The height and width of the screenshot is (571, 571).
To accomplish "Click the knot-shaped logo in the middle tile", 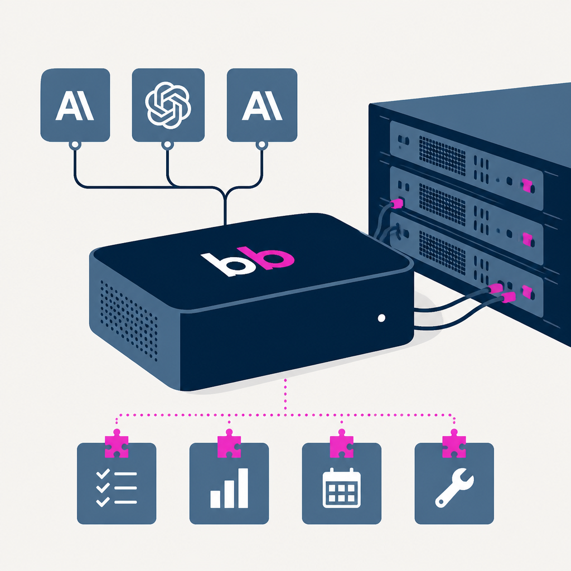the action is click(168, 105).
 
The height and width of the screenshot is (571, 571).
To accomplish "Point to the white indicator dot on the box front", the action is click(381, 318).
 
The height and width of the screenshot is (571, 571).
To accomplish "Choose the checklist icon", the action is click(117, 488).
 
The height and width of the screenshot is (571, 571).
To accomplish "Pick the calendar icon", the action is click(342, 487).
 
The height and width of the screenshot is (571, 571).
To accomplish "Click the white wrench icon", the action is click(454, 487).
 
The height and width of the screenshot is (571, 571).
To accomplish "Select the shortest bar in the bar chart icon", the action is click(215, 499).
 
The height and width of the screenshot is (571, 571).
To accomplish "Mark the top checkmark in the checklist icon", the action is click(103, 474).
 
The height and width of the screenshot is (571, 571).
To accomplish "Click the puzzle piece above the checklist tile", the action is click(117, 443).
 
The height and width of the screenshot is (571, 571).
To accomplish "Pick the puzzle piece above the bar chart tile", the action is click(229, 443).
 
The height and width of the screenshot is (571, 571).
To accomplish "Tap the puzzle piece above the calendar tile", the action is click(342, 443).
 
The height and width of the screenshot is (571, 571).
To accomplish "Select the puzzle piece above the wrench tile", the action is click(454, 443).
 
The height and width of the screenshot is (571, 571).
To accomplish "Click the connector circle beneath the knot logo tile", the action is click(167, 146).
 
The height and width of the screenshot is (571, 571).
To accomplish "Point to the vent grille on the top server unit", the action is click(442, 156).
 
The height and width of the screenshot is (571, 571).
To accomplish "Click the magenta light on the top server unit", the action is click(526, 185).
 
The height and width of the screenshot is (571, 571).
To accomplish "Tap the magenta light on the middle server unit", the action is click(526, 239).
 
